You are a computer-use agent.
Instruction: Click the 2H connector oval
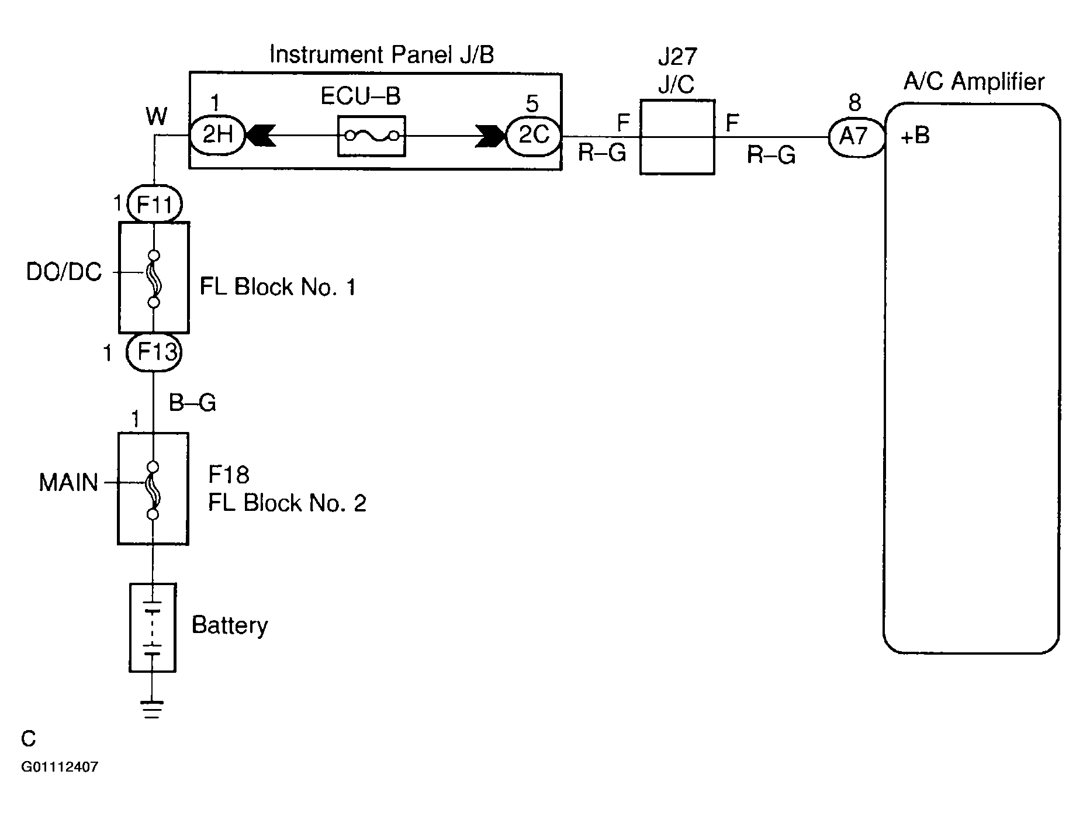217,136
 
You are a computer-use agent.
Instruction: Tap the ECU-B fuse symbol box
372,136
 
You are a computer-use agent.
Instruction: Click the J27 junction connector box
677,137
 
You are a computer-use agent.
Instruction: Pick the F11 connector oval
154,205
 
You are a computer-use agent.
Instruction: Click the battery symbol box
152,627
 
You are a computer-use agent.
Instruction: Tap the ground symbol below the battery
152,708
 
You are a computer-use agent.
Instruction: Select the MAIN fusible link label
68,483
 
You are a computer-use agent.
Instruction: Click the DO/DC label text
64,272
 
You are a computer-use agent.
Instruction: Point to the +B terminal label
915,136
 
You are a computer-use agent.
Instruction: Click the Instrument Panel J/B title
382,54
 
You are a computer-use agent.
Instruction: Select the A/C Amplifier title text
974,81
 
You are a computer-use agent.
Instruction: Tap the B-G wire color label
192,403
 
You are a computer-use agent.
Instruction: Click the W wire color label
157,117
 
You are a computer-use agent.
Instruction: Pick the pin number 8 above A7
854,103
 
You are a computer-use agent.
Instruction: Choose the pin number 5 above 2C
532,104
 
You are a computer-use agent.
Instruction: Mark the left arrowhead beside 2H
260,136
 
